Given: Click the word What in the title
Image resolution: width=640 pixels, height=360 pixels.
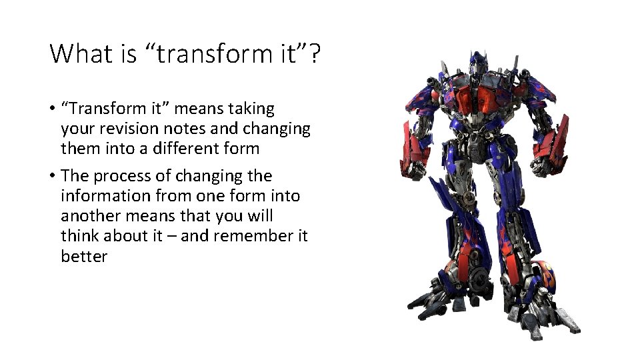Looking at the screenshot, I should click(x=81, y=53).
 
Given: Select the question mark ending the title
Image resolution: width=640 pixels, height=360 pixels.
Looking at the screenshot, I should click(x=314, y=53).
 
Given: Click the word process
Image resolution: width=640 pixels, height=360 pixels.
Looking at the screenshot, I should click(x=119, y=176).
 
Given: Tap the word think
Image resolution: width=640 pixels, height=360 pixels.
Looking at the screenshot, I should click(x=78, y=236).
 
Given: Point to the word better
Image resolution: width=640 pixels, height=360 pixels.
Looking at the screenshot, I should click(x=84, y=257).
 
